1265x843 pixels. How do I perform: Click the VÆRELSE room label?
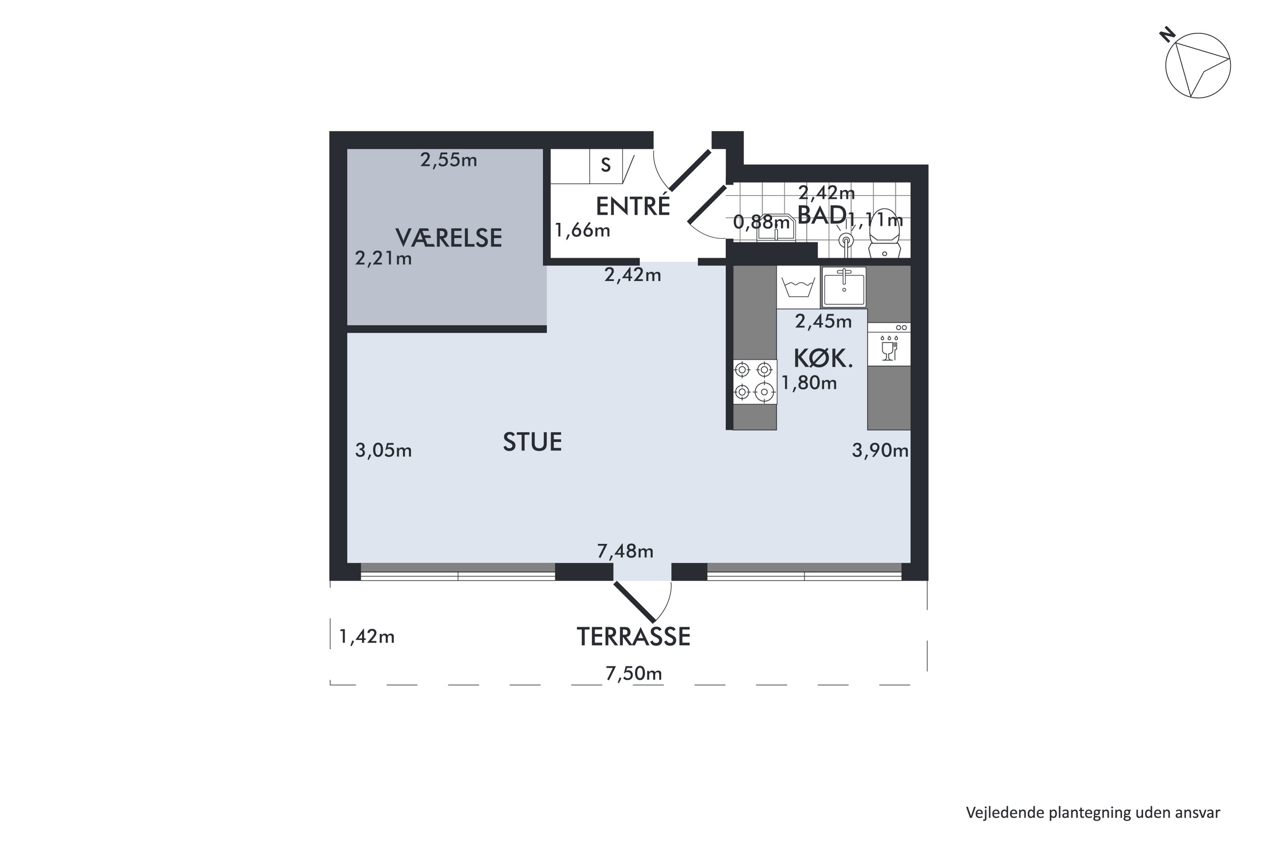[x=449, y=238]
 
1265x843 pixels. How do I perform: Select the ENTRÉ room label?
[x=633, y=206]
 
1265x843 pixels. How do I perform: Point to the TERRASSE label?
[x=634, y=636]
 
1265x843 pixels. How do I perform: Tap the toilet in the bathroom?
[x=885, y=234]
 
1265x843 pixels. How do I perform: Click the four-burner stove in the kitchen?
[x=755, y=382]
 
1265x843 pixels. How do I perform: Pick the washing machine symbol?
[x=798, y=287]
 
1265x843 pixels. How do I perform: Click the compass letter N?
[x=1167, y=36]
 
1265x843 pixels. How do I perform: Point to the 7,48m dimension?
[x=625, y=551]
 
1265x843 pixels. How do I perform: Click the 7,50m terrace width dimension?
[x=634, y=673]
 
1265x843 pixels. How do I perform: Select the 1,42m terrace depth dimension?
[x=367, y=636]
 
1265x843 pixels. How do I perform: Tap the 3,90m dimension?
[x=880, y=450]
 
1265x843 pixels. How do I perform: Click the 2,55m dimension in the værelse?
[x=449, y=160]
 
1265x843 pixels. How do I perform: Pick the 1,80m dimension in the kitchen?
[x=809, y=382]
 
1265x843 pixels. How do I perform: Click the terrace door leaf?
[x=635, y=601]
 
